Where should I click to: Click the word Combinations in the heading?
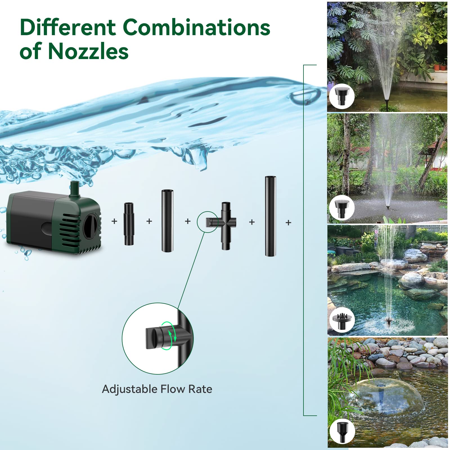(196, 28)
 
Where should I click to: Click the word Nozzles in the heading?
(88, 51)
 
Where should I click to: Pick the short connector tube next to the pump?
(129, 224)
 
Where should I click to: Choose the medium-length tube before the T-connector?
(167, 221)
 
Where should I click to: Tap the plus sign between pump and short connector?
(114, 221)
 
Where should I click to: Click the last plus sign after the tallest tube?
(288, 223)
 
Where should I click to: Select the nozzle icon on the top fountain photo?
(342, 96)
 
